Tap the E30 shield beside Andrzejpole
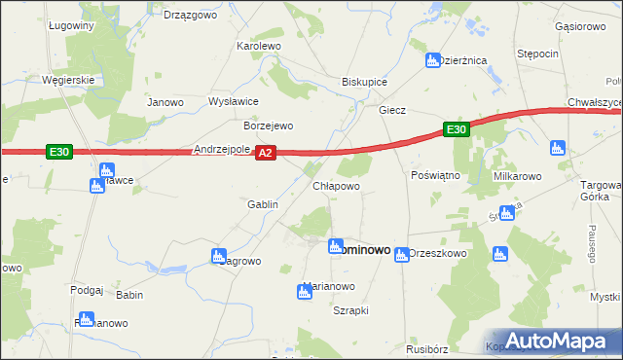tap(59, 152)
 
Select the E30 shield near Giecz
tap(457, 129)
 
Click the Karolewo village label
tap(259, 46)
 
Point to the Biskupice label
tap(365, 83)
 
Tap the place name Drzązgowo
tap(190, 15)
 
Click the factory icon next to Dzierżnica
tap(433, 61)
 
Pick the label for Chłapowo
tap(336, 185)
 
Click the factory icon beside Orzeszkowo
tap(401, 254)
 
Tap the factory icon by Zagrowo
tap(219, 257)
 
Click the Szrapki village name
tap(350, 310)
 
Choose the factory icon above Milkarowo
tap(558, 149)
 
